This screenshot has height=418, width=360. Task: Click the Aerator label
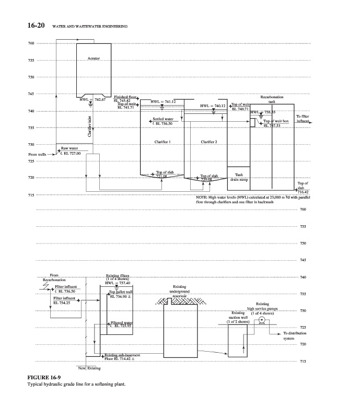94,59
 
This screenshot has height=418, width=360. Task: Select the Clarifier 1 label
164,142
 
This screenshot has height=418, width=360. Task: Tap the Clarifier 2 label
208,142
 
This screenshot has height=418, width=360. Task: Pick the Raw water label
69,148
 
